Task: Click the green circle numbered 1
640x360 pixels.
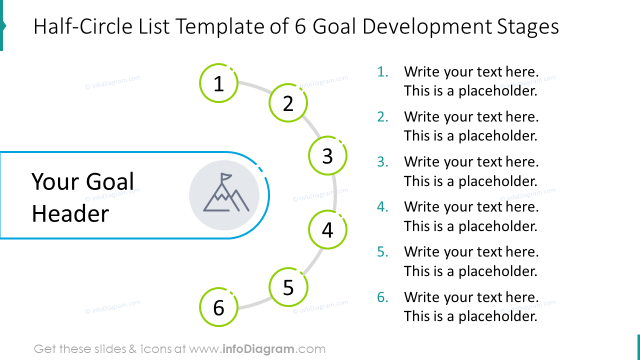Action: [218, 83]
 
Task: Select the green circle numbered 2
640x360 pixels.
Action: [288, 103]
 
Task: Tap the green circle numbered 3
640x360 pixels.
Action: [327, 155]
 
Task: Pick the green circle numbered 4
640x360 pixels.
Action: [327, 230]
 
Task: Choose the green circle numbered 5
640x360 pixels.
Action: [288, 287]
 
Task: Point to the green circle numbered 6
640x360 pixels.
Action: [218, 307]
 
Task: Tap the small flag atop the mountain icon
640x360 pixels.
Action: [227, 176]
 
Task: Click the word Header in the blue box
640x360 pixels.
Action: [70, 214]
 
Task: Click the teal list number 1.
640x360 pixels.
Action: [382, 72]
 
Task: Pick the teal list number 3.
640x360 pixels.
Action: [382, 162]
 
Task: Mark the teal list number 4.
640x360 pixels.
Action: [382, 207]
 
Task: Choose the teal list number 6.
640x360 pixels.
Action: [382, 297]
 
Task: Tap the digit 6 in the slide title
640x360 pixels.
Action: [300, 26]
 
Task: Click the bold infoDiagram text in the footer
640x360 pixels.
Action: [257, 349]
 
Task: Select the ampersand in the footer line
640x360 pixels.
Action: [132, 349]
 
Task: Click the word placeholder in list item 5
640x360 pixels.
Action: [497, 271]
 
